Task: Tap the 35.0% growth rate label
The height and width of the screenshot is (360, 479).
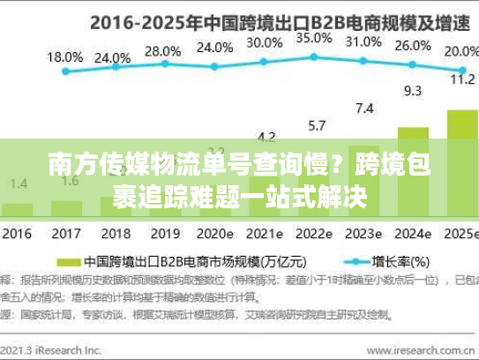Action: (x=314, y=38)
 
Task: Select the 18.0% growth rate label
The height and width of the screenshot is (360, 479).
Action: (x=64, y=56)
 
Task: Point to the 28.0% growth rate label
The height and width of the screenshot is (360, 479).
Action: (x=162, y=52)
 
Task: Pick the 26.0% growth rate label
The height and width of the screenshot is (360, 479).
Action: (x=413, y=46)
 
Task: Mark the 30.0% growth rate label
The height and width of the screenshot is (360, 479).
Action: (x=265, y=41)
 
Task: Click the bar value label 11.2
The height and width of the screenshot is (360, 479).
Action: (x=462, y=79)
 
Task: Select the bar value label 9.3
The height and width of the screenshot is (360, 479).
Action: (x=412, y=90)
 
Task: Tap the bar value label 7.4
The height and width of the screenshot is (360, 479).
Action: (x=363, y=109)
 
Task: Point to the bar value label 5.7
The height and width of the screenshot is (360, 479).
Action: (x=314, y=124)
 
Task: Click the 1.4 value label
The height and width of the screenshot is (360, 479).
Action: (x=17, y=184)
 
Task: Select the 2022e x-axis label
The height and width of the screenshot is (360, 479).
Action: (x=313, y=235)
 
